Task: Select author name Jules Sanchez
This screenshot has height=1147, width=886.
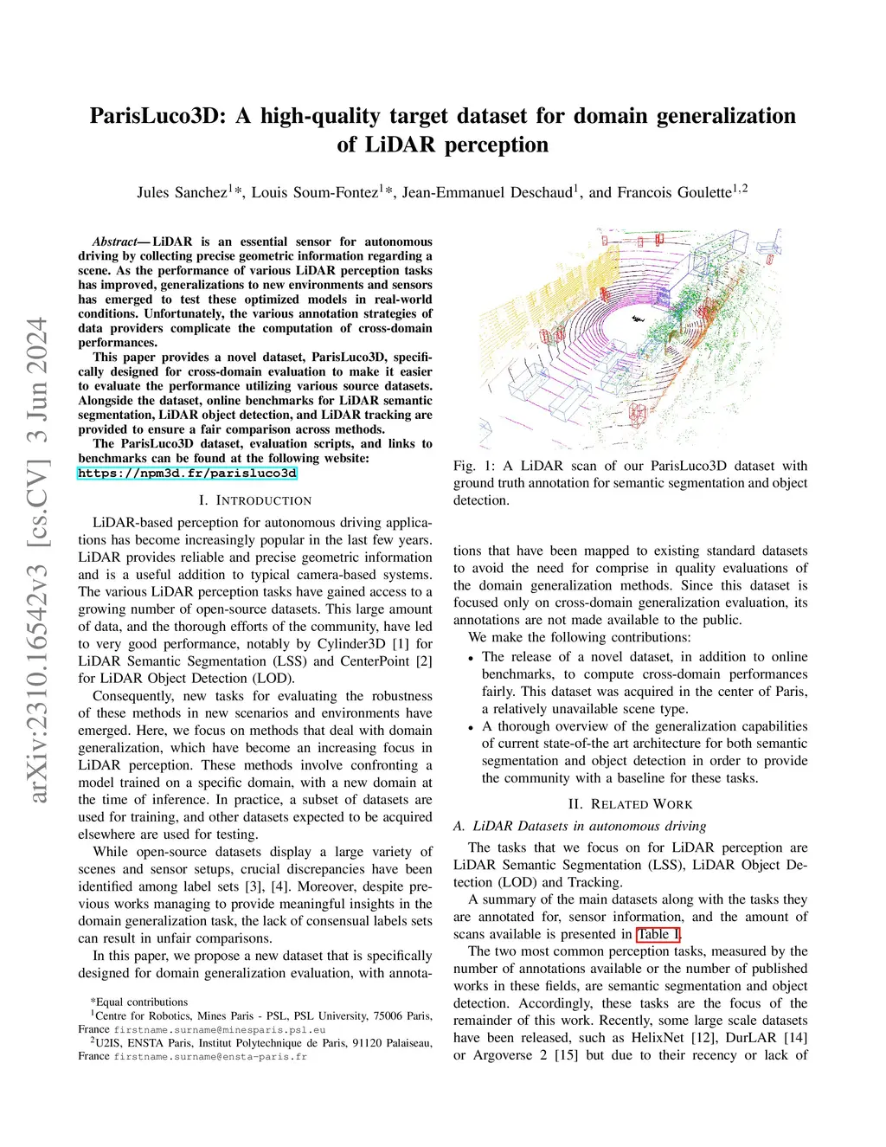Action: (x=182, y=192)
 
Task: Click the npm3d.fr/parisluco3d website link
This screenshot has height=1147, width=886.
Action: (x=187, y=474)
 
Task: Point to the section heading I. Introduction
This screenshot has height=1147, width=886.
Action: (x=255, y=500)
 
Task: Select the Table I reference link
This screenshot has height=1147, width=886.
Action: (x=658, y=934)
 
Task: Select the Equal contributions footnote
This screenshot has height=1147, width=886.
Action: (x=138, y=1002)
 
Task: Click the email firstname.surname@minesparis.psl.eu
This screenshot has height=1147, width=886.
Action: (x=220, y=1030)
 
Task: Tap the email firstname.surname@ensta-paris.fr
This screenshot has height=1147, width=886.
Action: (x=210, y=1056)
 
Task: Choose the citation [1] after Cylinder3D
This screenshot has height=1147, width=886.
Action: (x=400, y=644)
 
